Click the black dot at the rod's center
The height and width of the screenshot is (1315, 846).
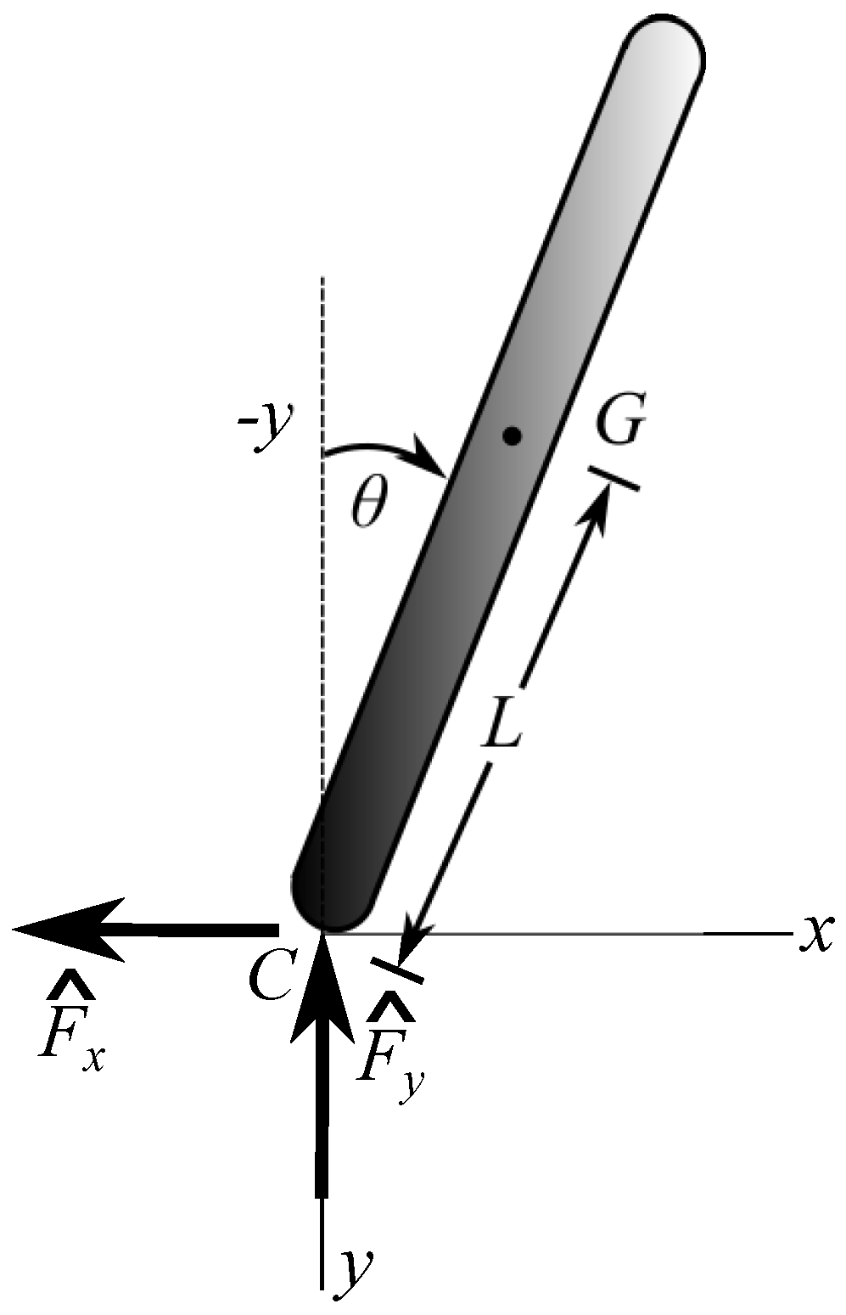511,436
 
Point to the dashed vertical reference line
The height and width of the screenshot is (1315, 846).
322,552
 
